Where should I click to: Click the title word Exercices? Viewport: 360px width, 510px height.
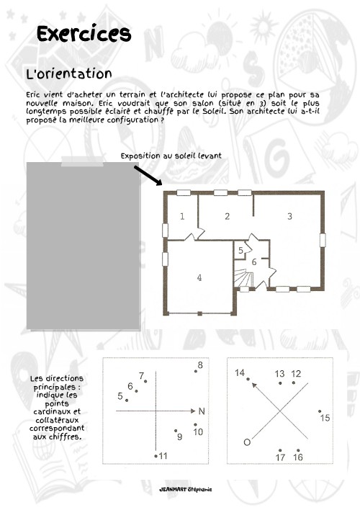click(84, 34)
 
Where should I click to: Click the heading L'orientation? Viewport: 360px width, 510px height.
click(68, 74)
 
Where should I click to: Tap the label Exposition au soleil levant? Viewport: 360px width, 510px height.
click(171, 155)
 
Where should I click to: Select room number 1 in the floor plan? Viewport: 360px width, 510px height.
click(182, 215)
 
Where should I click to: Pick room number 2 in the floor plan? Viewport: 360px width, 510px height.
click(227, 215)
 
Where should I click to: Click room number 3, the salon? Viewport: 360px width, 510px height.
click(289, 215)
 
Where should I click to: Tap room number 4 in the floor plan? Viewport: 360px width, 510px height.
click(199, 277)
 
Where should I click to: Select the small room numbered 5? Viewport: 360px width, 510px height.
click(240, 250)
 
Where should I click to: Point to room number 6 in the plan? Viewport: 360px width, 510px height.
click(254, 261)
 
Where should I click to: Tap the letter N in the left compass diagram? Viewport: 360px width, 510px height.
click(202, 411)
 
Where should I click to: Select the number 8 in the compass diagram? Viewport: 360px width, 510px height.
click(200, 365)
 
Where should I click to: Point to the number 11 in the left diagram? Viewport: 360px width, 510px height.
click(163, 456)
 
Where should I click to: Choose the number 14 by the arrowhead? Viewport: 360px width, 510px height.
click(240, 372)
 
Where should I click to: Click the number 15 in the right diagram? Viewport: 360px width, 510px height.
click(325, 418)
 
